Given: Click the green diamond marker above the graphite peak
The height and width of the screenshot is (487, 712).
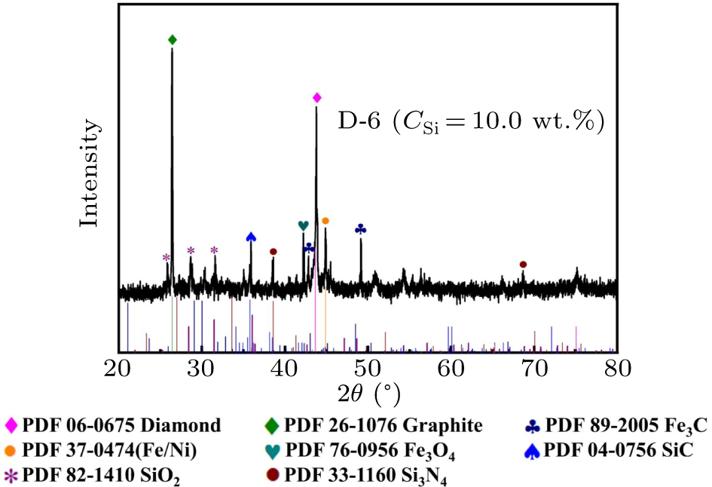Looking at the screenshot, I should click(173, 40).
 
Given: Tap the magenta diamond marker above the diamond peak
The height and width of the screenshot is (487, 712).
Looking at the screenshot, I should click(317, 98).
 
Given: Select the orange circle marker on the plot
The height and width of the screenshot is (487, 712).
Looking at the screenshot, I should click(325, 221).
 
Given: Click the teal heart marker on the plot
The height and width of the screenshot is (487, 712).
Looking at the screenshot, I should click(303, 225).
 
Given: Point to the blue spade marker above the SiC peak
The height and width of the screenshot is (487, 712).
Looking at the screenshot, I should click(251, 237).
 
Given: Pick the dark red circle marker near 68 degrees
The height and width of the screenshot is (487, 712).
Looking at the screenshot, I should click(523, 265).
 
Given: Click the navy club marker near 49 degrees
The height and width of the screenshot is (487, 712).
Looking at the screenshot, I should click(361, 229).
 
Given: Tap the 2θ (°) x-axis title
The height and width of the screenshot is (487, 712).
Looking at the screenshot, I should click(368, 394).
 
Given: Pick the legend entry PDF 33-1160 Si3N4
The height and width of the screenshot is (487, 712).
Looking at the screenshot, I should click(361, 476).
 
